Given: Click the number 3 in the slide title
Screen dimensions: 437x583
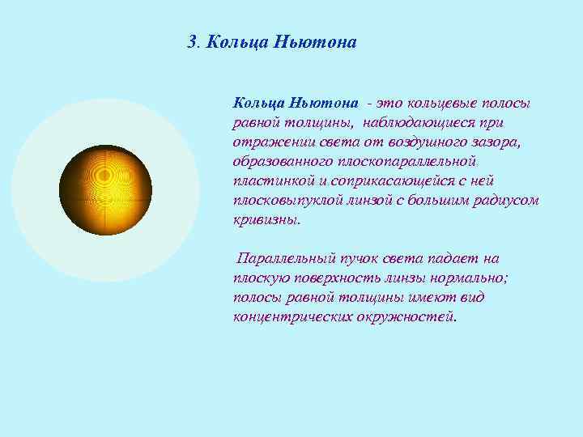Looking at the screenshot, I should (191, 41).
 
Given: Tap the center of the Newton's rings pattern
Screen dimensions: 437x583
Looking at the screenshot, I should (105, 177).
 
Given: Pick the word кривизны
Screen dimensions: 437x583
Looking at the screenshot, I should (266, 220).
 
